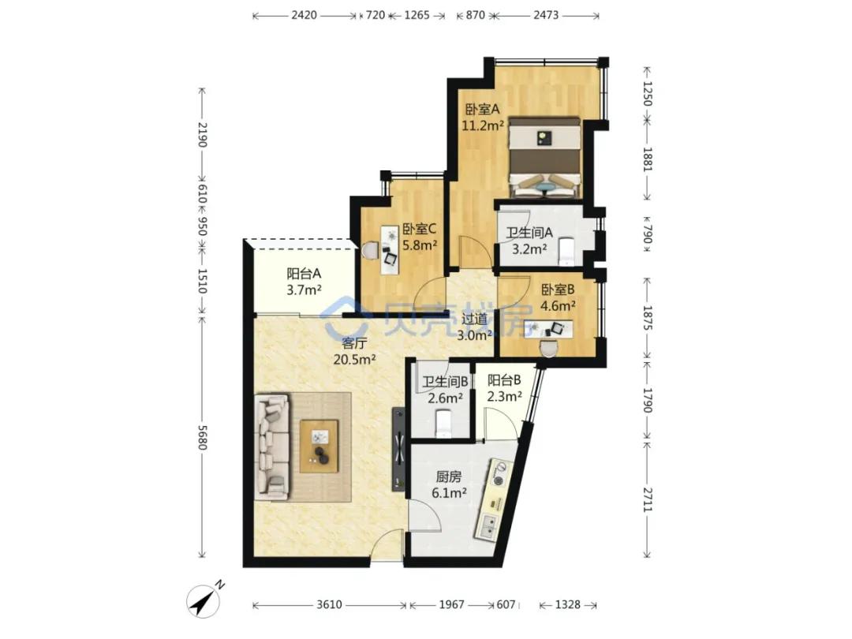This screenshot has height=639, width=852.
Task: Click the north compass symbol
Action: (x=205, y=600)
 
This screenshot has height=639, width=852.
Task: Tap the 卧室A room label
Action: (x=482, y=110)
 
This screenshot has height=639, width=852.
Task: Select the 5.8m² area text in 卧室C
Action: (x=420, y=245)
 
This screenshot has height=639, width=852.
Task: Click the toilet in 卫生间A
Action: (x=566, y=251)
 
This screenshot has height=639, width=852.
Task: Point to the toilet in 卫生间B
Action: (x=444, y=424)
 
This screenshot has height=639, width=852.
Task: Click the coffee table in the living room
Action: (x=319, y=446)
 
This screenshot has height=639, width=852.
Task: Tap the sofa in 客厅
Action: (x=271, y=446)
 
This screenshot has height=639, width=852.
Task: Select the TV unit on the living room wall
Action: (x=399, y=449)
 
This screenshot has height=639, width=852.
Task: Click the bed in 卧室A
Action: (x=544, y=157)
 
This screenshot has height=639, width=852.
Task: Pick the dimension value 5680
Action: (x=202, y=437)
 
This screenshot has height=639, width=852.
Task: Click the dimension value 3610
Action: (x=329, y=605)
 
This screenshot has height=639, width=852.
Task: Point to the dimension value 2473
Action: (x=546, y=15)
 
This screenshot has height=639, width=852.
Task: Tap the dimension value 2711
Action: (x=647, y=500)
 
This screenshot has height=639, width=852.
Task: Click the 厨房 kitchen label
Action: (x=449, y=477)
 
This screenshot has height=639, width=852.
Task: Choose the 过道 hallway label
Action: (x=474, y=319)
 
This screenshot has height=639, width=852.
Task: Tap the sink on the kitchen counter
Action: (x=488, y=525)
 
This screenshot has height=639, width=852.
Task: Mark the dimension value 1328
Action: (x=568, y=605)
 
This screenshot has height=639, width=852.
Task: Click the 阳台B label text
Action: (x=504, y=379)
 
